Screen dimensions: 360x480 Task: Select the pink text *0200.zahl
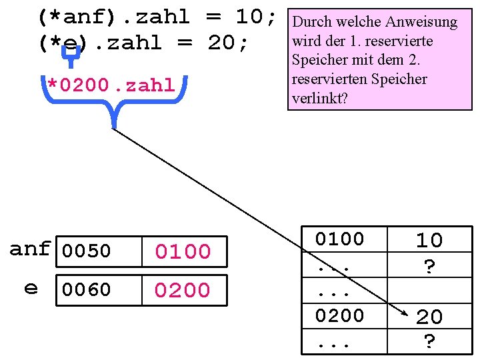[x=111, y=85]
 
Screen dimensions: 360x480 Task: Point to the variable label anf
[x=30, y=249]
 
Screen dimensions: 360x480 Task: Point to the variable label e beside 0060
[x=31, y=288]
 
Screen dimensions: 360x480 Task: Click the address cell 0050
[x=86, y=251]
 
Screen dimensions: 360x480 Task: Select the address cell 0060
[x=86, y=289]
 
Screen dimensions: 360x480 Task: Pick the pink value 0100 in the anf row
[x=183, y=251]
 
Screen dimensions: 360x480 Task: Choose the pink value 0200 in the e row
[x=183, y=290]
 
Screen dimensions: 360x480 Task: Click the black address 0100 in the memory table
[x=339, y=239]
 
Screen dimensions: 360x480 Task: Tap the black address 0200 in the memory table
[x=339, y=315]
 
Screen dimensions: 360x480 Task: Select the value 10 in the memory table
[x=429, y=240]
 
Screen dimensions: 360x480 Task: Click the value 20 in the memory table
[x=429, y=317]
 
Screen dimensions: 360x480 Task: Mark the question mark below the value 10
[x=430, y=267]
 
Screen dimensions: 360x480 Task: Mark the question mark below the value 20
[x=430, y=342]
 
